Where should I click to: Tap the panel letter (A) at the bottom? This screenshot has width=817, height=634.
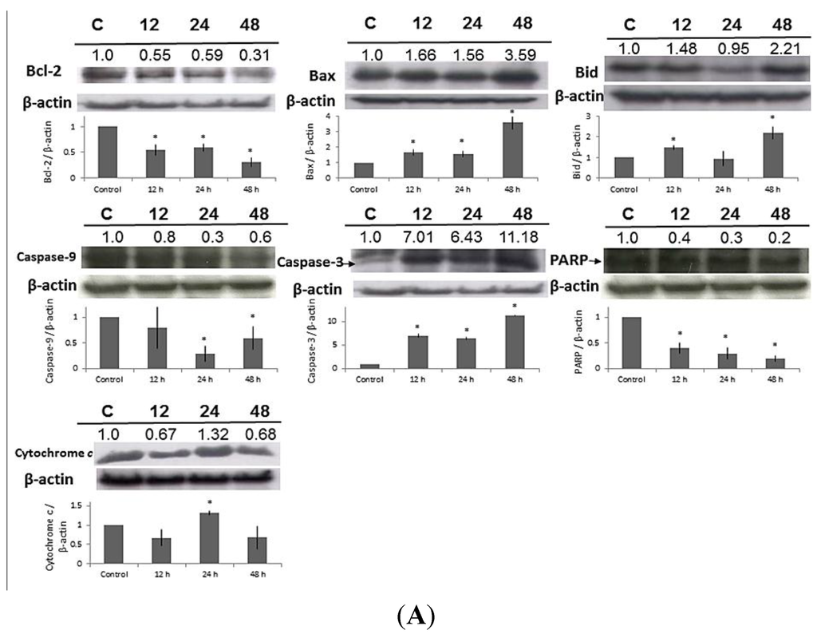(408, 616)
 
